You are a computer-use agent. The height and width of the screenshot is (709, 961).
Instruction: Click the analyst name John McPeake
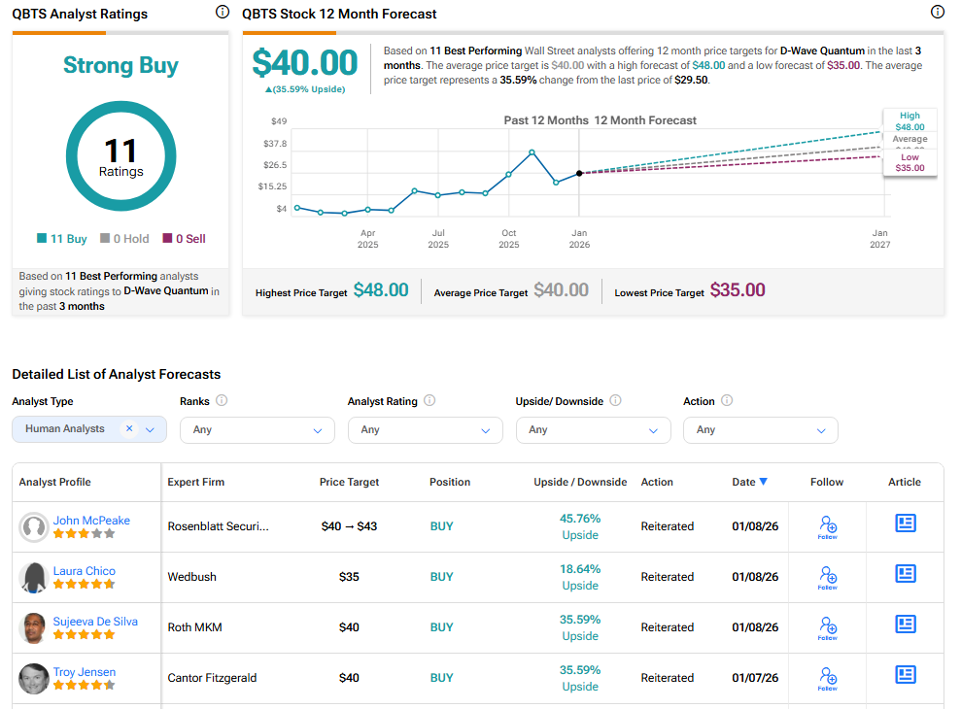tap(91, 521)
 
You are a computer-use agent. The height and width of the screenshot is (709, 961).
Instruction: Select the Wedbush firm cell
tap(191, 577)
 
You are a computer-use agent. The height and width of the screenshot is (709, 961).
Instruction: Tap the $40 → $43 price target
tap(349, 526)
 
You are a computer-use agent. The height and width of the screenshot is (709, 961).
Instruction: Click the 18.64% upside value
tap(580, 569)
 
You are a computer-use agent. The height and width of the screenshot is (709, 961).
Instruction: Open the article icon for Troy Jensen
tap(906, 674)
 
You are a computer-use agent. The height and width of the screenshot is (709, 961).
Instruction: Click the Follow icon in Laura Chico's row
tap(828, 578)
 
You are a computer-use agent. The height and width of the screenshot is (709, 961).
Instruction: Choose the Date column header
tap(749, 482)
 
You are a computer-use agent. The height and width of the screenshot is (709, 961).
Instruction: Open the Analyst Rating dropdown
tap(425, 430)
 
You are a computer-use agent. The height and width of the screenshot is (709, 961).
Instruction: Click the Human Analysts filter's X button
tap(129, 428)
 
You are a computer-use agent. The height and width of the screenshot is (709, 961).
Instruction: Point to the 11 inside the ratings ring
tap(120, 151)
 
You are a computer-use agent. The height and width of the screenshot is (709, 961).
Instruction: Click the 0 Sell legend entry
tap(184, 239)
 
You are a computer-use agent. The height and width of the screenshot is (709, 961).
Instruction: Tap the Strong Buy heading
tap(120, 66)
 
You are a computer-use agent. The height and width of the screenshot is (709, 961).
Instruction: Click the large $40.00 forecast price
tap(305, 63)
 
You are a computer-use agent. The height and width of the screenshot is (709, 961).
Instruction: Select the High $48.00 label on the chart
tap(910, 121)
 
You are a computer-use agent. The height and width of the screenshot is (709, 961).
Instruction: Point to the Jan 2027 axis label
tap(879, 239)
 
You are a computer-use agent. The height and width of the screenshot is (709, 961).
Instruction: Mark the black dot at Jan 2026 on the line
tap(579, 173)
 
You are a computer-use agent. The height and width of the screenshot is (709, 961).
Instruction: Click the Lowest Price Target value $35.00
tap(737, 290)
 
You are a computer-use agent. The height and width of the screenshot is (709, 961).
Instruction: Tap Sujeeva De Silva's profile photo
tap(34, 627)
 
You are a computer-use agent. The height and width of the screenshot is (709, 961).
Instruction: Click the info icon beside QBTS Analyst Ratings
tap(222, 13)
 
